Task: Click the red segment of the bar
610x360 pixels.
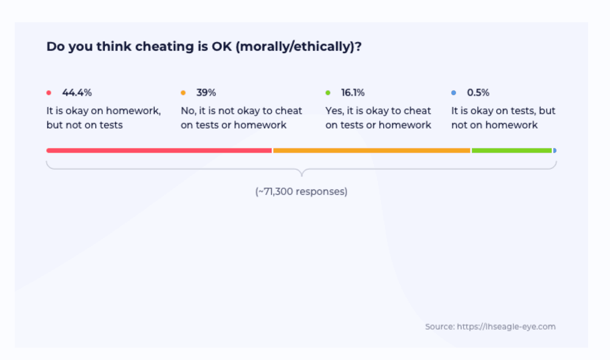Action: click(x=159, y=151)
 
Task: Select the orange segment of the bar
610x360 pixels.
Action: click(x=371, y=151)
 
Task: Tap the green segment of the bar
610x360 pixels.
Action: click(x=511, y=151)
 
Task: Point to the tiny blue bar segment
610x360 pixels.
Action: click(x=555, y=151)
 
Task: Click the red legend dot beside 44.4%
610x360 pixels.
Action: click(x=49, y=93)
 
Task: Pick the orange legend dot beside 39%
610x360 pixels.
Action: click(x=183, y=93)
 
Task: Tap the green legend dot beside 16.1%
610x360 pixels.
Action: click(x=328, y=93)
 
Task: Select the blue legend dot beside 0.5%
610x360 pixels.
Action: click(x=454, y=93)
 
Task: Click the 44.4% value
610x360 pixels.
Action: click(x=77, y=93)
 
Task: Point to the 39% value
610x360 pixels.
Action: click(x=206, y=93)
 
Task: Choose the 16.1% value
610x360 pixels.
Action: click(x=353, y=93)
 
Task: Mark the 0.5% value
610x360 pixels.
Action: click(x=478, y=93)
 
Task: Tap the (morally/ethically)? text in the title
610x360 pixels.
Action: click(x=298, y=47)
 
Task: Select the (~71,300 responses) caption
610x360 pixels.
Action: click(x=301, y=192)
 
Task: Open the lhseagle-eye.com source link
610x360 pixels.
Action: click(x=506, y=327)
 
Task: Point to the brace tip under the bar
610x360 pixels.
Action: click(x=302, y=174)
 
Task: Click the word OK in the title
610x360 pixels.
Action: click(x=221, y=47)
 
